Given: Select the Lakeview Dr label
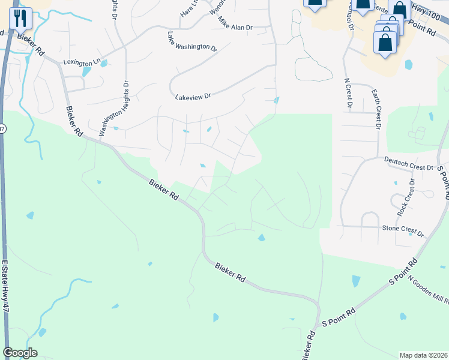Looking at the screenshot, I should click(193, 96).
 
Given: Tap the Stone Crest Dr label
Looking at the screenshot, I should click(403, 230).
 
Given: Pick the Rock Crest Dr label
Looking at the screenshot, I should click(405, 198).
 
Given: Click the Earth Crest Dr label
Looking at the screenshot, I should click(376, 109).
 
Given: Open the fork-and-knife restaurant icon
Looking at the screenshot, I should click(22, 19).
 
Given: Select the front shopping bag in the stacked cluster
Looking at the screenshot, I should click(385, 43).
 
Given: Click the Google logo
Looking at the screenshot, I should click(20, 353).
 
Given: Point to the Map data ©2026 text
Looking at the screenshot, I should click(423, 355).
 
